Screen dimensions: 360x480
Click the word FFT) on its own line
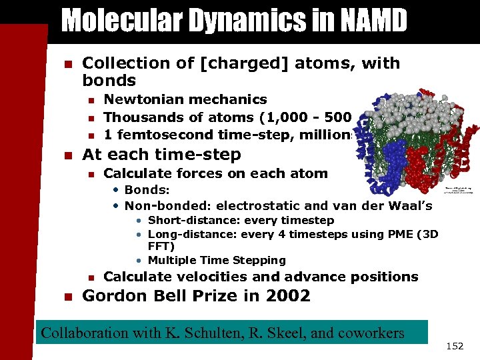(x=161, y=247)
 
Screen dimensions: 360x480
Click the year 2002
(x=287, y=296)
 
